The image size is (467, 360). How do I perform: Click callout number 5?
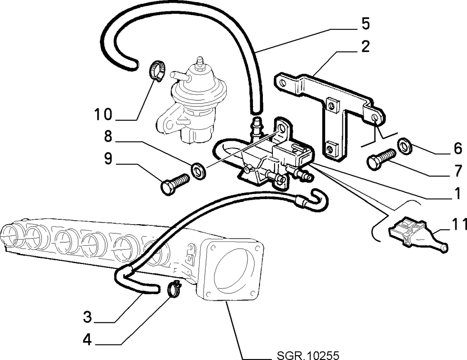pyautogui.click(x=365, y=23)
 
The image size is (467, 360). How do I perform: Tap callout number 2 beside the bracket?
pyautogui.click(x=365, y=46)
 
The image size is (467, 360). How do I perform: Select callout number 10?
pyautogui.click(x=103, y=114)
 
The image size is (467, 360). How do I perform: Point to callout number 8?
pyautogui.click(x=108, y=136)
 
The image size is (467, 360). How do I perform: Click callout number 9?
pyautogui.click(x=108, y=158)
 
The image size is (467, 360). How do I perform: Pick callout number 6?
pyautogui.click(x=457, y=148)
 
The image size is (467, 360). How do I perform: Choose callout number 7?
pyautogui.click(x=458, y=170)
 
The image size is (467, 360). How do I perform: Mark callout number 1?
pyautogui.click(x=457, y=193)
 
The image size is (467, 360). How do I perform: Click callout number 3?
pyautogui.click(x=87, y=317)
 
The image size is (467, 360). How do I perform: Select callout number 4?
pyautogui.click(x=87, y=339)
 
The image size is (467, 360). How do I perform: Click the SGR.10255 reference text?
pyautogui.click(x=308, y=355)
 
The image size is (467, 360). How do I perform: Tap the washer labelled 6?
pyautogui.click(x=405, y=146)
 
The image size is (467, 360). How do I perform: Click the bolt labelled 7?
pyautogui.click(x=381, y=159)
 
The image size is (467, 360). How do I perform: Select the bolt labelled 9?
pyautogui.click(x=175, y=184)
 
